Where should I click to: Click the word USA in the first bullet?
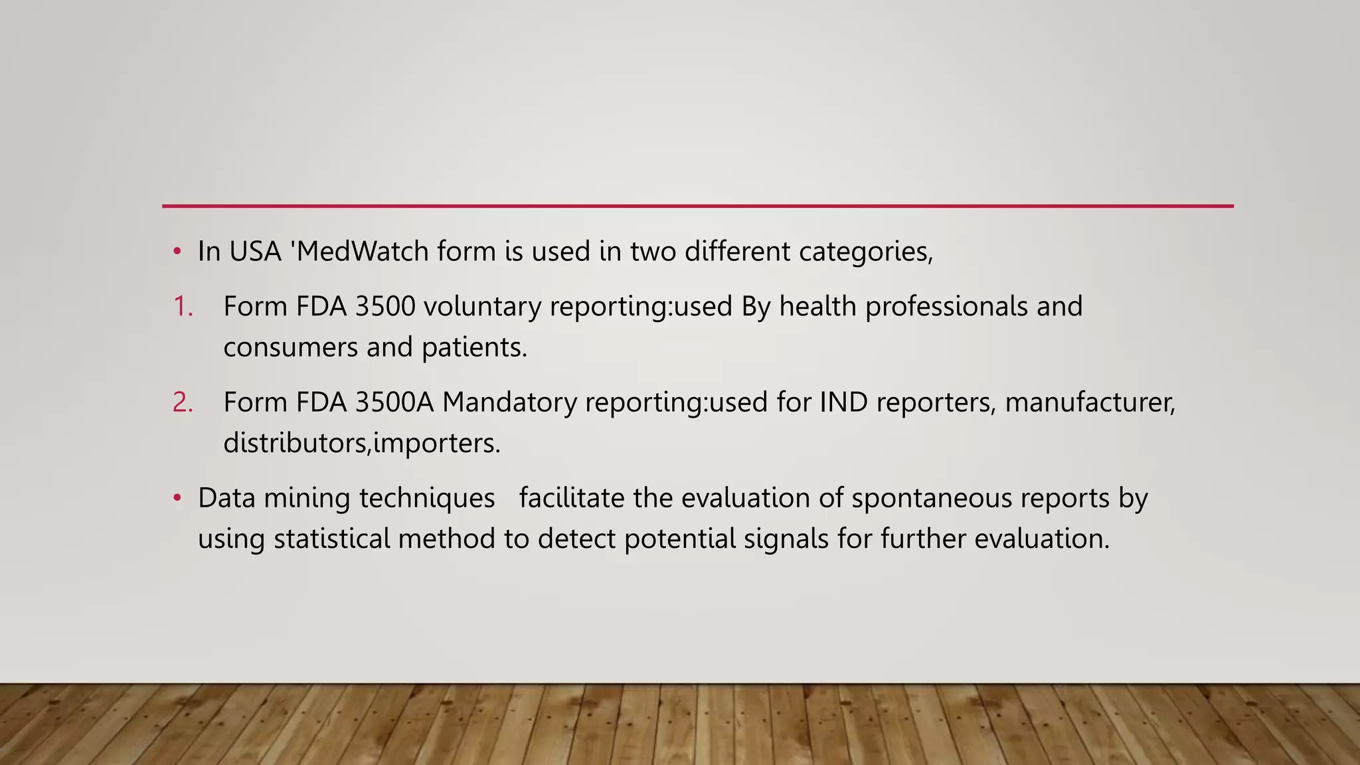pos(255,252)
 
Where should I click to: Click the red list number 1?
pos(183,307)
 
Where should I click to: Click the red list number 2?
pos(183,402)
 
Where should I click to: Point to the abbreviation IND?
pos(843,402)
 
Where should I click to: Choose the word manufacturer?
pos(1090,402)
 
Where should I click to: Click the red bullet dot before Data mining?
pos(177,498)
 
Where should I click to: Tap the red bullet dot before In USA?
pos(177,252)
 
